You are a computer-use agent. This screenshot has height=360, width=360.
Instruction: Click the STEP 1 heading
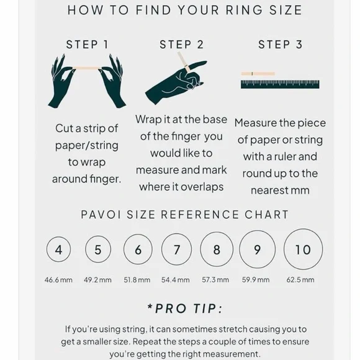[87, 45]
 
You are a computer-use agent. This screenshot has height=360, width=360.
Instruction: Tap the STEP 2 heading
[182, 45]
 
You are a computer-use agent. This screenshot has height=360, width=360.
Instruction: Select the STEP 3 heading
[281, 45]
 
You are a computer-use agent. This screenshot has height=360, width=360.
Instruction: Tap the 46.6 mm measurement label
[58, 280]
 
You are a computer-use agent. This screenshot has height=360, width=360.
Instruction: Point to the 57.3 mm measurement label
[215, 280]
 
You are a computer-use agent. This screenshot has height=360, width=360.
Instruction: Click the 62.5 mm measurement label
[300, 280]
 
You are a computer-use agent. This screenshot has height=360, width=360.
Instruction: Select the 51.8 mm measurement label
[137, 280]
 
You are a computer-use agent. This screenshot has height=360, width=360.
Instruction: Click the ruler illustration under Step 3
[280, 84]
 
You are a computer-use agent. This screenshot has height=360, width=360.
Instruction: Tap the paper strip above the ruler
[258, 74]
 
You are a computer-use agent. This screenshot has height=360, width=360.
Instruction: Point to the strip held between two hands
[87, 68]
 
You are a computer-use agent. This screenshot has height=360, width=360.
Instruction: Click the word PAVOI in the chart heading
[101, 215]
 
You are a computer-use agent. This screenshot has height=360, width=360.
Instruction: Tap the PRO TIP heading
[185, 308]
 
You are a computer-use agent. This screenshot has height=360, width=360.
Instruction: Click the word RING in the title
[245, 10]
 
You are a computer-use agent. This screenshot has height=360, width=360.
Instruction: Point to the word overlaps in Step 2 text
[202, 187]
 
